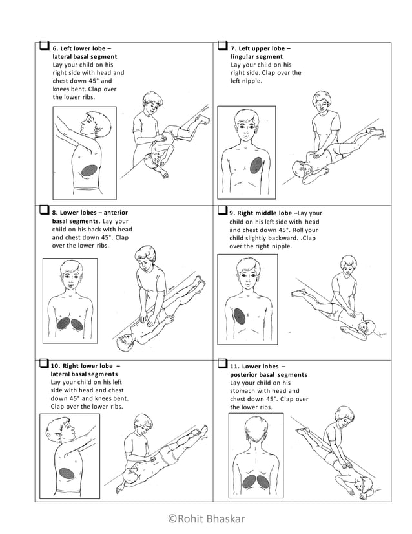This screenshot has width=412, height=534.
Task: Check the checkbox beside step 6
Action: (44, 47)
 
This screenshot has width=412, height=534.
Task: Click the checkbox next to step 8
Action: (44, 210)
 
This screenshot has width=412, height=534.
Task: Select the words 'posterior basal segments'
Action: (269, 375)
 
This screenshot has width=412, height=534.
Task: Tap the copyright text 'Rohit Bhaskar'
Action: (206, 518)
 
